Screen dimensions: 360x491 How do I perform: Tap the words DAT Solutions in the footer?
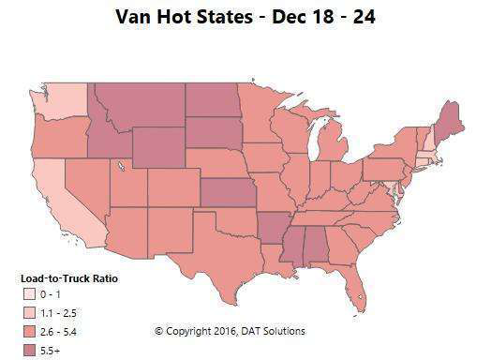[275, 331]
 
